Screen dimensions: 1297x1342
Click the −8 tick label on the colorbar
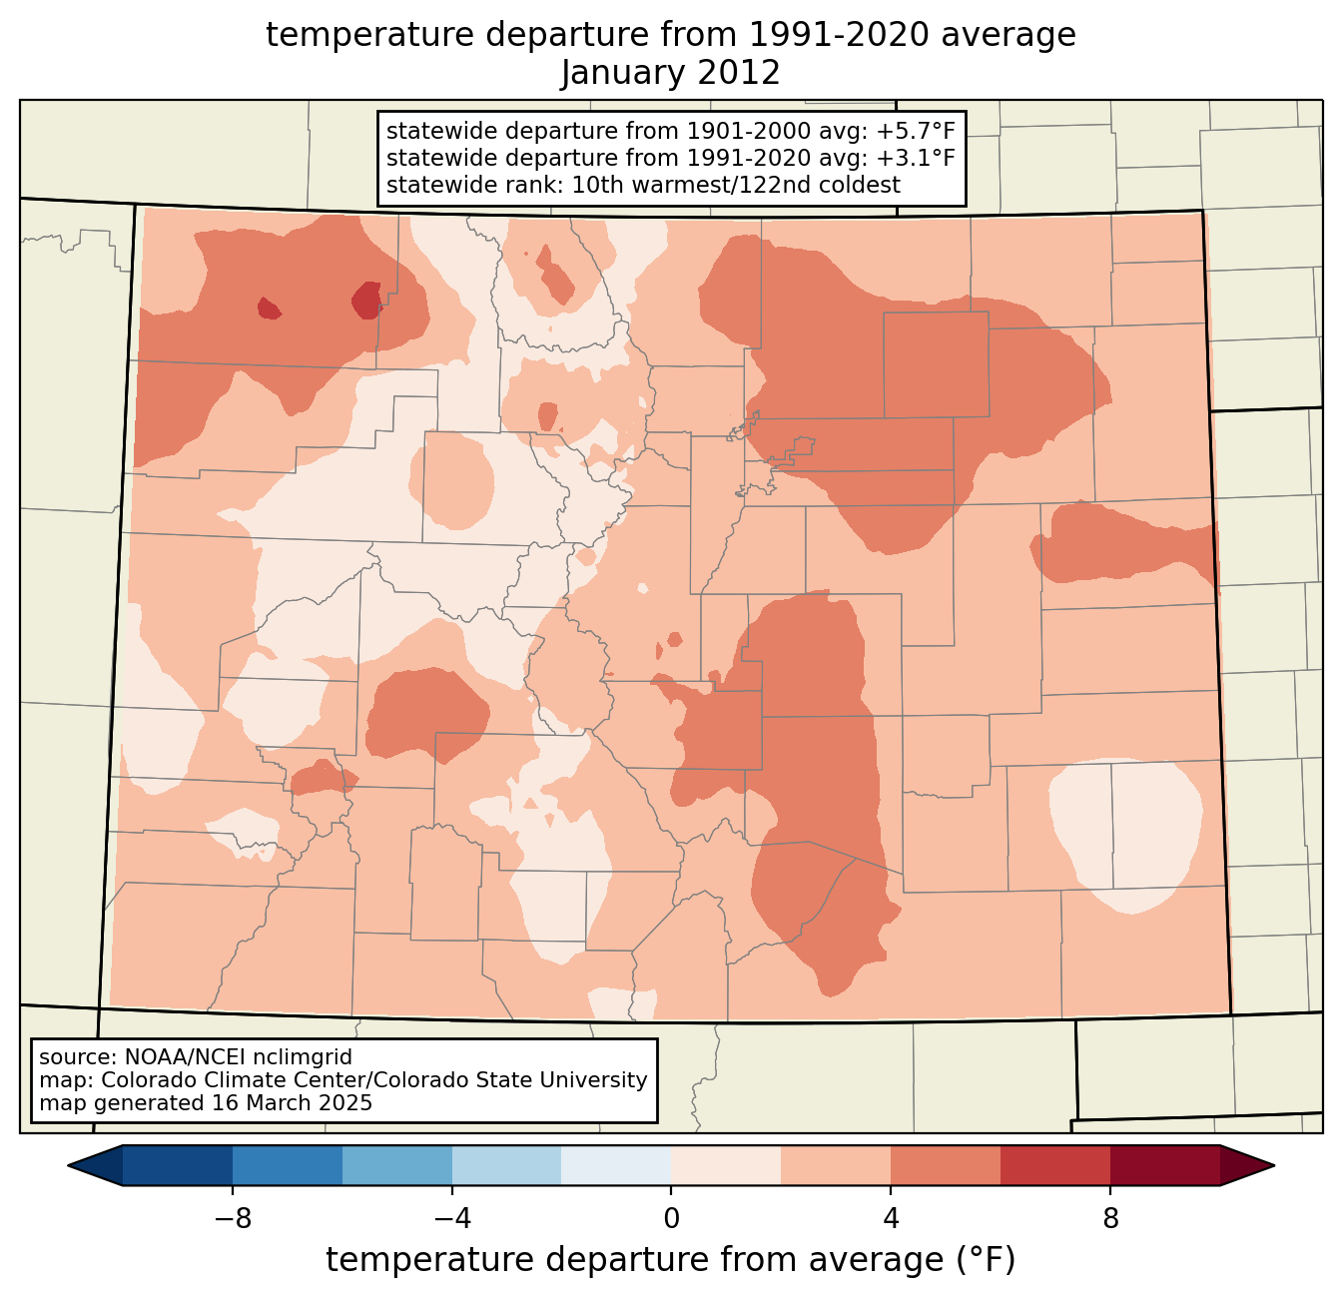point(232,1218)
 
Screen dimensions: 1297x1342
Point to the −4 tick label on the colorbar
point(451,1218)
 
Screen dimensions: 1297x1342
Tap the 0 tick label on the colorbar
point(671,1218)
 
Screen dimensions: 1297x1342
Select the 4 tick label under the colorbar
point(891,1218)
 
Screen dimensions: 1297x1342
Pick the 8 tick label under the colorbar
point(1110,1218)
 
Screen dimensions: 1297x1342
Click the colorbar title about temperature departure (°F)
point(671,1260)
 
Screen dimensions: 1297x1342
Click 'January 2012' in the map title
point(671,73)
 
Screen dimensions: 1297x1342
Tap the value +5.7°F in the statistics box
point(916,132)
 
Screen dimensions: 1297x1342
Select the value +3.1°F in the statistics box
point(916,158)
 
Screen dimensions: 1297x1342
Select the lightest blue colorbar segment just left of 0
point(616,1165)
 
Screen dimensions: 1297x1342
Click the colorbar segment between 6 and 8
point(1055,1165)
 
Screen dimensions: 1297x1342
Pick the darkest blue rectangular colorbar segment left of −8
point(178,1165)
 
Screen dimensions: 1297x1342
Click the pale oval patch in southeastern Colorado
point(1126,834)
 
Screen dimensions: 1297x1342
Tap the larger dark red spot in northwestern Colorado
point(367,300)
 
